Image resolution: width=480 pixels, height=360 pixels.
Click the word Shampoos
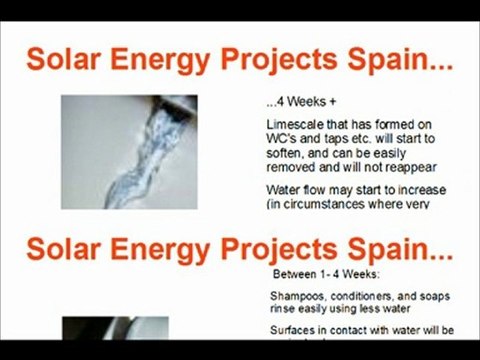coord(299,296)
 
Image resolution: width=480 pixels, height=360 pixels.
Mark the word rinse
coord(284,309)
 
